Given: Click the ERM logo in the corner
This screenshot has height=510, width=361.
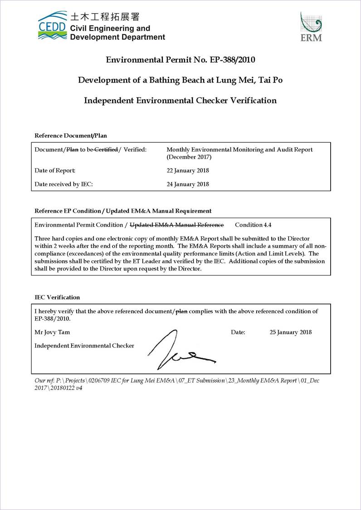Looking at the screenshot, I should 311,27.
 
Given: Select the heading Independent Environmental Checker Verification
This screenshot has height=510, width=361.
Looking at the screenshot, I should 180,101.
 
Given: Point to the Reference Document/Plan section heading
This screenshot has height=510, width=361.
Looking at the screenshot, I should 71,136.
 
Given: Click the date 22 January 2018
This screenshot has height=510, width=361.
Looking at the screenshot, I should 188,171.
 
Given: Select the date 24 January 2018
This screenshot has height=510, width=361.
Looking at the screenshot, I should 188,184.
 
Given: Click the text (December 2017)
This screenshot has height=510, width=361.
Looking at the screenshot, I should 189,157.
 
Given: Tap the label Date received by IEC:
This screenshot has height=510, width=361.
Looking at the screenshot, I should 63,184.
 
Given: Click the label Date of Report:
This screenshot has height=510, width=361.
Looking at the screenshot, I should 55,171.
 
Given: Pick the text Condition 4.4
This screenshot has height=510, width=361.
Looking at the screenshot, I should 253,225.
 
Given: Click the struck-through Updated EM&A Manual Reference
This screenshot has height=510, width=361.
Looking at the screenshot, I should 177,225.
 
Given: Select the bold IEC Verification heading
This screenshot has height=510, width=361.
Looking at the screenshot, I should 57,297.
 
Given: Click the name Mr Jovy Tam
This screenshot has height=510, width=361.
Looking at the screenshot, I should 52,332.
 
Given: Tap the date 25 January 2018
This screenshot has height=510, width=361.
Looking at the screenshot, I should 291,332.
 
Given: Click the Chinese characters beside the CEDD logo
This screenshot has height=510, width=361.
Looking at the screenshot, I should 105,17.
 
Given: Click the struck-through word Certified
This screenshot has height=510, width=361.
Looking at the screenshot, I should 106,150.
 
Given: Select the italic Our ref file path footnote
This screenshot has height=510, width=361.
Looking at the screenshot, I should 177,384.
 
